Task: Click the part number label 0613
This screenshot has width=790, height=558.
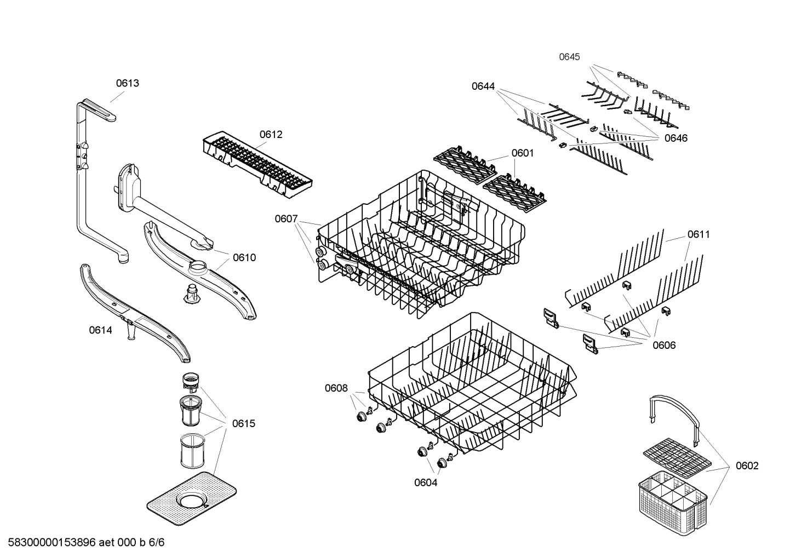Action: tap(127, 83)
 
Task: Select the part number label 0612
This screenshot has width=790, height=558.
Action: tap(271, 135)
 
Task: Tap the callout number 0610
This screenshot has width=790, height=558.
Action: tap(244, 257)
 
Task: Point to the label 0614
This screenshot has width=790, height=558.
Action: tap(100, 330)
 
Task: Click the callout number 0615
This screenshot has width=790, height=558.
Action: tap(243, 423)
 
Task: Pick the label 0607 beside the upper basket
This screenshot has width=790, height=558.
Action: tap(286, 219)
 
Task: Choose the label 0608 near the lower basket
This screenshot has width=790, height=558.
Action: tap(336, 388)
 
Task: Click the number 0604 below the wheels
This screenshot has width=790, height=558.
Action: tap(426, 482)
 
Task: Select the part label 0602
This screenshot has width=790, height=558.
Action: tap(747, 465)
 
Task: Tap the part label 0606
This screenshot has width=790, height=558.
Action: tap(663, 345)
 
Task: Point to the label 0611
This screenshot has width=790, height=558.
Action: tap(698, 234)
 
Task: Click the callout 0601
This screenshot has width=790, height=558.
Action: tap(522, 153)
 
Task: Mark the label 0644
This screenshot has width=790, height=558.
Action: tap(483, 86)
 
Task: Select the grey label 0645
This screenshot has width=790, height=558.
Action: tap(569, 57)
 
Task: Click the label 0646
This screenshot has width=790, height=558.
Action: tap(675, 138)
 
